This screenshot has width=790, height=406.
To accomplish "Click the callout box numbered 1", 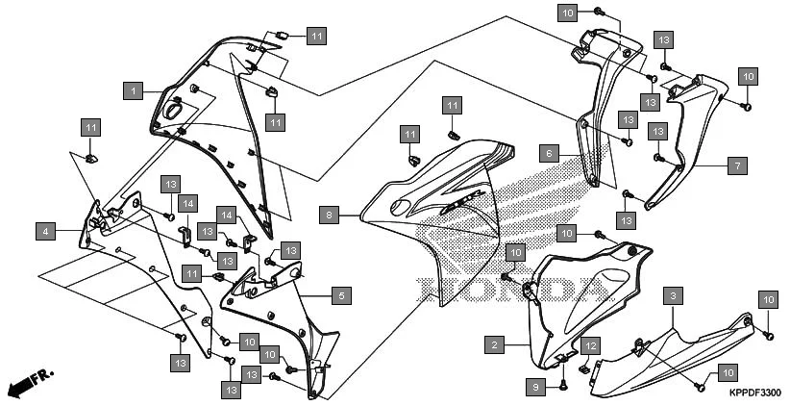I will tap(134, 90).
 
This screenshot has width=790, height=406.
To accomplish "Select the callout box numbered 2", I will tap(494, 344).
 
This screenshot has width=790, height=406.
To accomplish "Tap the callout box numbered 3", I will tap(676, 295).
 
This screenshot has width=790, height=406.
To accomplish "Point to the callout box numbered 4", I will tap(43, 231).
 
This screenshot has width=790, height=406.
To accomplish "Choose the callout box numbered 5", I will tap(340, 296).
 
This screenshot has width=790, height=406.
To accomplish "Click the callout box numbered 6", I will tap(548, 153).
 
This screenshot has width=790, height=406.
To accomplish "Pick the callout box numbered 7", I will tap(736, 165).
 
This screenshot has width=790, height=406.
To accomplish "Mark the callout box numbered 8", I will tap(330, 216).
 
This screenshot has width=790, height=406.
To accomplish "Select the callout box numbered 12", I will tap(590, 345).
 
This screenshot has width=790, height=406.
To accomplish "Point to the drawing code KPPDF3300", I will tap(753, 393).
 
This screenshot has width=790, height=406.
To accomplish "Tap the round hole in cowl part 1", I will tap(175, 112).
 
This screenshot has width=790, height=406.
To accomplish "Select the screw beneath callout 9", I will tap(563, 386).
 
